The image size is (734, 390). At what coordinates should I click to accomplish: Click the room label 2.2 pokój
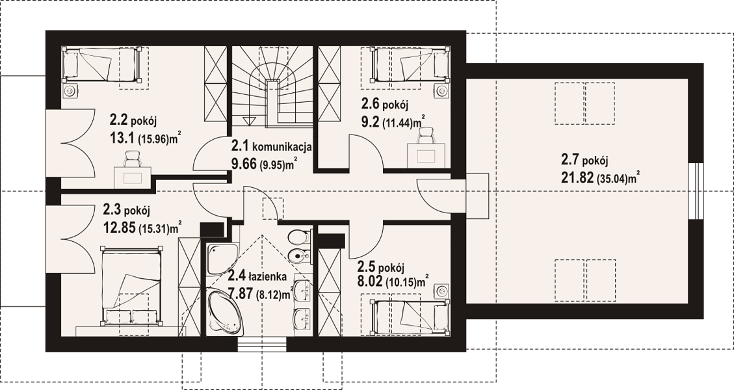click(133, 121)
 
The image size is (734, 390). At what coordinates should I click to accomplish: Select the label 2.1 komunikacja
click(272, 147)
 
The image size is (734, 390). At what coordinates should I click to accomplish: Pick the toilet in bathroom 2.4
click(299, 237)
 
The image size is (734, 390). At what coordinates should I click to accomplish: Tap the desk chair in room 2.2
click(133, 159)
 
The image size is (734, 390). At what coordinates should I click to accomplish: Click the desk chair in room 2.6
click(425, 136)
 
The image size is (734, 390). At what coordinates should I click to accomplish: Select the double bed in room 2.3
click(133, 286)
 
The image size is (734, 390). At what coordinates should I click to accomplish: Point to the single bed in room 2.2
click(101, 64)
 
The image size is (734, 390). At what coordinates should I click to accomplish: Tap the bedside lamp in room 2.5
click(441, 291)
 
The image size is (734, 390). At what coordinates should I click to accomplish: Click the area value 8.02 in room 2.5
click(369, 282)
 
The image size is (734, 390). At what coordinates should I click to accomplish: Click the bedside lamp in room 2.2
click(70, 90)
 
